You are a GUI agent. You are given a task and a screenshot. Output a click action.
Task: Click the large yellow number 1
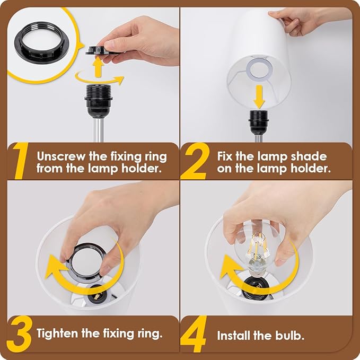point(21,161)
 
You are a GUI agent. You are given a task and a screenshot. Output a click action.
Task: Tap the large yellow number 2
point(194,161)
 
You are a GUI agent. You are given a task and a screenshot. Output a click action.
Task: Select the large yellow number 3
point(19,334)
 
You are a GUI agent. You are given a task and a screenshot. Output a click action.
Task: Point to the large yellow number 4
point(194,334)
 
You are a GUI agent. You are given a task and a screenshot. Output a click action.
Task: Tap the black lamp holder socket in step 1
point(98,101)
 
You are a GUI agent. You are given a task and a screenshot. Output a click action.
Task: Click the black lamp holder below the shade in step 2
point(259,122)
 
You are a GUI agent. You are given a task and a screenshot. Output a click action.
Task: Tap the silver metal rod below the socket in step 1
point(99,130)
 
